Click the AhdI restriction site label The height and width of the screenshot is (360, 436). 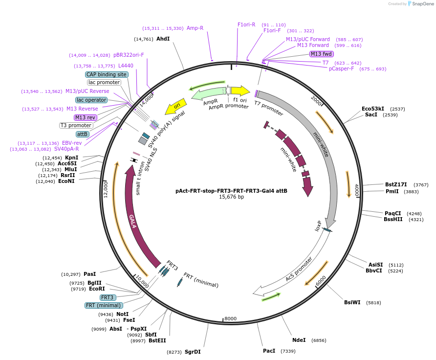click(163, 39)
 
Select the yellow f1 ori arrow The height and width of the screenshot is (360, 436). click(240, 90)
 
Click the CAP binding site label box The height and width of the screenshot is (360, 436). click(107, 74)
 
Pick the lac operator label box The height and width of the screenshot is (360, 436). click(91, 100)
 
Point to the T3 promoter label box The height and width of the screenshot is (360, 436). click(76, 125)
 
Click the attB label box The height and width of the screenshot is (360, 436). click(82, 134)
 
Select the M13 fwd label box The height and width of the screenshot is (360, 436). click(322, 54)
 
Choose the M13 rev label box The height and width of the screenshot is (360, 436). click(85, 117)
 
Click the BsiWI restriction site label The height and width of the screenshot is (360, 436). click(352, 302)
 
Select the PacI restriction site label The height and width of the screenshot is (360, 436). click(269, 351)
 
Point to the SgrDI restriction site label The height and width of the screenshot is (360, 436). click(193, 352)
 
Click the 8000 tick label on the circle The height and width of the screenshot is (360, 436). click(231, 318)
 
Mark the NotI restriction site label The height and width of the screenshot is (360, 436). click(122, 314)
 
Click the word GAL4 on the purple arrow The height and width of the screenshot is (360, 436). click(132, 221)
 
